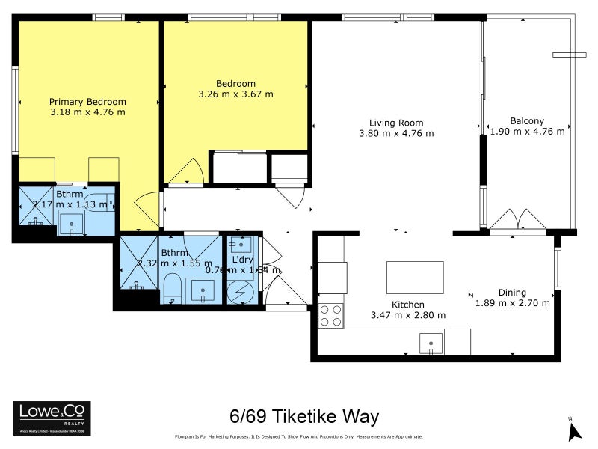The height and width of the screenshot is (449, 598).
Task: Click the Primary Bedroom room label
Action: pos(87,102)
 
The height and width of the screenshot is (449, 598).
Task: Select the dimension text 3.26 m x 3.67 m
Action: pos(235,94)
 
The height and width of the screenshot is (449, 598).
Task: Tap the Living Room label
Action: pos(396,123)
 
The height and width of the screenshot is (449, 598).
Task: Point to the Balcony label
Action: pos(527,121)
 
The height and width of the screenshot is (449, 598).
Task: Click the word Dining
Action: pos(513,293)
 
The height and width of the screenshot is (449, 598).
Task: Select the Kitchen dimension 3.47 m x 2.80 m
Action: pos(408,315)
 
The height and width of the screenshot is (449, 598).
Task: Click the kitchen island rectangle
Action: pos(415,277)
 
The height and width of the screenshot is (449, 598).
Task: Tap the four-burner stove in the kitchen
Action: pos(331,314)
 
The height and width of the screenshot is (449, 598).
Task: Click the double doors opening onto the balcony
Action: pos(518,222)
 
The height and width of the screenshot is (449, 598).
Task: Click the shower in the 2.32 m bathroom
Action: pos(138,262)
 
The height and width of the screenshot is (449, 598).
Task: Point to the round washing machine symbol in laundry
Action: pos(241,292)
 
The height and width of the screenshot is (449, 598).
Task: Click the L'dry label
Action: pos(242,259)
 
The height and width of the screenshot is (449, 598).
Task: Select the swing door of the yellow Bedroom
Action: pos(183,173)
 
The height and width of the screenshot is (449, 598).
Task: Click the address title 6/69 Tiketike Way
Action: pos(303,416)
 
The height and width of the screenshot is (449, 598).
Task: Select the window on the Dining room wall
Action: pos(557,267)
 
